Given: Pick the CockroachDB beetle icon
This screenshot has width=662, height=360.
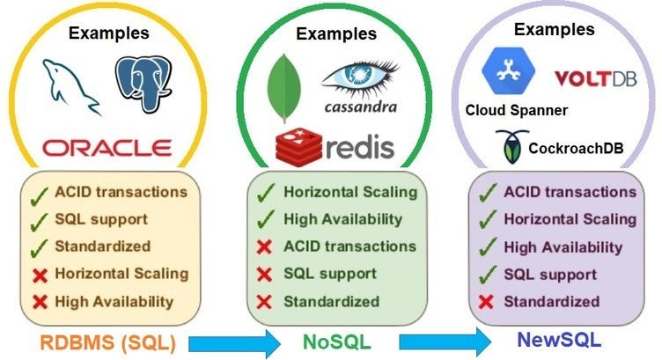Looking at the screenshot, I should (x=509, y=146).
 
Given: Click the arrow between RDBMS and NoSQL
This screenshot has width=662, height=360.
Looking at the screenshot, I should (x=224, y=339).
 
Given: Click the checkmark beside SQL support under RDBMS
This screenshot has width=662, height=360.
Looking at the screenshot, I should (x=38, y=218).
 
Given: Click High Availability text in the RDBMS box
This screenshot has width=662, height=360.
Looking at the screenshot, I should (x=114, y=302).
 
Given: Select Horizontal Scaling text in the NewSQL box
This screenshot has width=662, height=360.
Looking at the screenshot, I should (x=570, y=219).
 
